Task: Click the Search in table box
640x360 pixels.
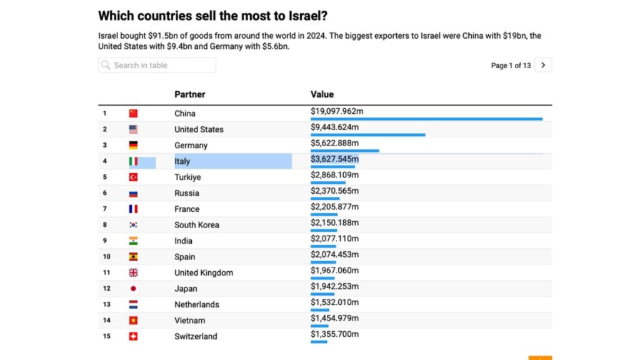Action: click(157, 65)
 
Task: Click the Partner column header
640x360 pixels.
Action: click(189, 94)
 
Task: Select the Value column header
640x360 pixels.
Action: click(322, 94)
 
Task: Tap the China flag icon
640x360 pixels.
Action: click(133, 113)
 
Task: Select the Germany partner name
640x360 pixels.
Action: click(191, 145)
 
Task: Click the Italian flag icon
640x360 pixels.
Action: click(133, 161)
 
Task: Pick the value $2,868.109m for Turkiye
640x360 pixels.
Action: click(334, 175)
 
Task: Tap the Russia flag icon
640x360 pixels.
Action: click(133, 193)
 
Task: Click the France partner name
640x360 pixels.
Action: click(187, 209)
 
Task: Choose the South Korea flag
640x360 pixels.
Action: click(133, 225)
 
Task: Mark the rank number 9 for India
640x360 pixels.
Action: click(105, 241)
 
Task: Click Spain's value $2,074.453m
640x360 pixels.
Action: click(334, 255)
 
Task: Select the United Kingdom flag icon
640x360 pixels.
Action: click(133, 272)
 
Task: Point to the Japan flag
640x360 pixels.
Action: click(133, 289)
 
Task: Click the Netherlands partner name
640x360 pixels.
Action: click(196, 304)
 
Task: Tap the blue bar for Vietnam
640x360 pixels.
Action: click(319, 326)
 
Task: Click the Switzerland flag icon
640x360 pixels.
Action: click(133, 336)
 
